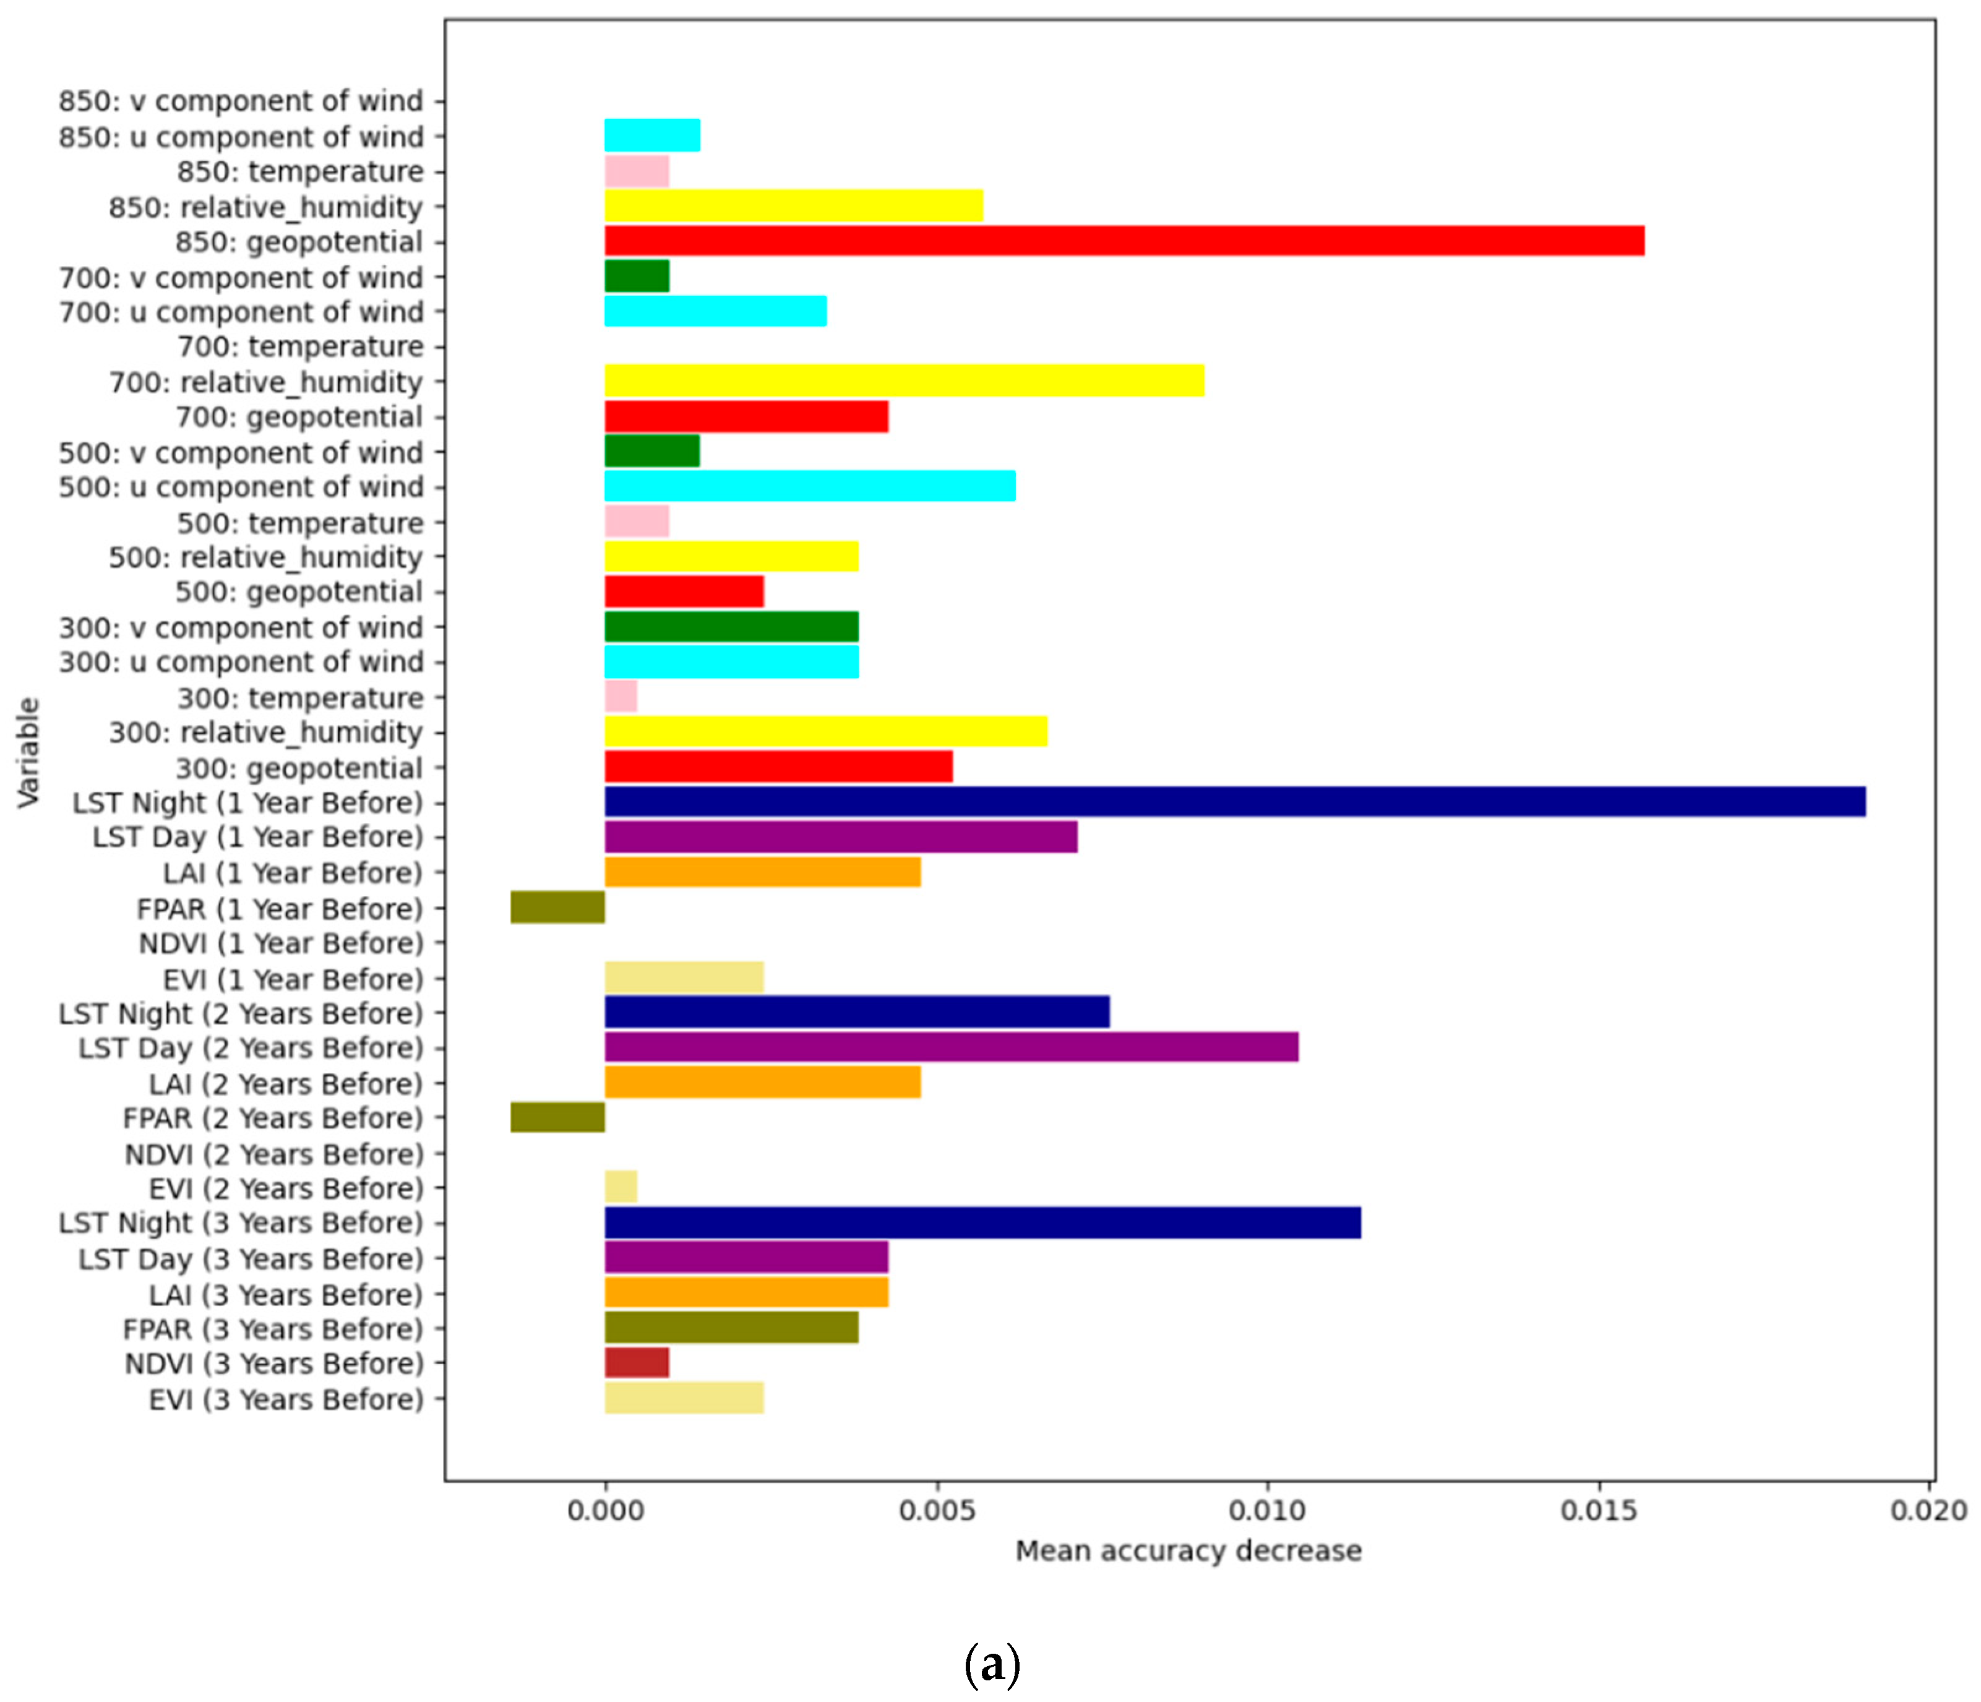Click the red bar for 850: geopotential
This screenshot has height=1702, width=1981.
tap(1124, 241)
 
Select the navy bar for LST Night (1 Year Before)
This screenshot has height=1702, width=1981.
tap(1234, 801)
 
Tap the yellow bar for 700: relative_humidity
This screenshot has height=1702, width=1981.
tap(903, 380)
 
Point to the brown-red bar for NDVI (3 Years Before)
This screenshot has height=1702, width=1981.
tap(637, 1362)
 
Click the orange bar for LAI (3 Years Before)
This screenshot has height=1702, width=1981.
tap(746, 1293)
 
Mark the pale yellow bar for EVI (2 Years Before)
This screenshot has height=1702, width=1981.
tap(621, 1187)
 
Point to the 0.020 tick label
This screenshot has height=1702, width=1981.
tap(1927, 1511)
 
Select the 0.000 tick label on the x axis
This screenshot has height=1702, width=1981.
tap(604, 1511)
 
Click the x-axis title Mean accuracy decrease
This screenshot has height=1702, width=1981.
tap(1187, 1551)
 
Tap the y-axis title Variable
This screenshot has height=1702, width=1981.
tap(28, 752)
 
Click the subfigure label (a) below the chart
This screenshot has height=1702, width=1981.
tap(992, 1665)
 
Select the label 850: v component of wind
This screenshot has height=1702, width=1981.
tap(241, 100)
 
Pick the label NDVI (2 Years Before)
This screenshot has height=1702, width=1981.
tap(273, 1154)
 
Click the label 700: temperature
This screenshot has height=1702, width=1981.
tap(300, 346)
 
